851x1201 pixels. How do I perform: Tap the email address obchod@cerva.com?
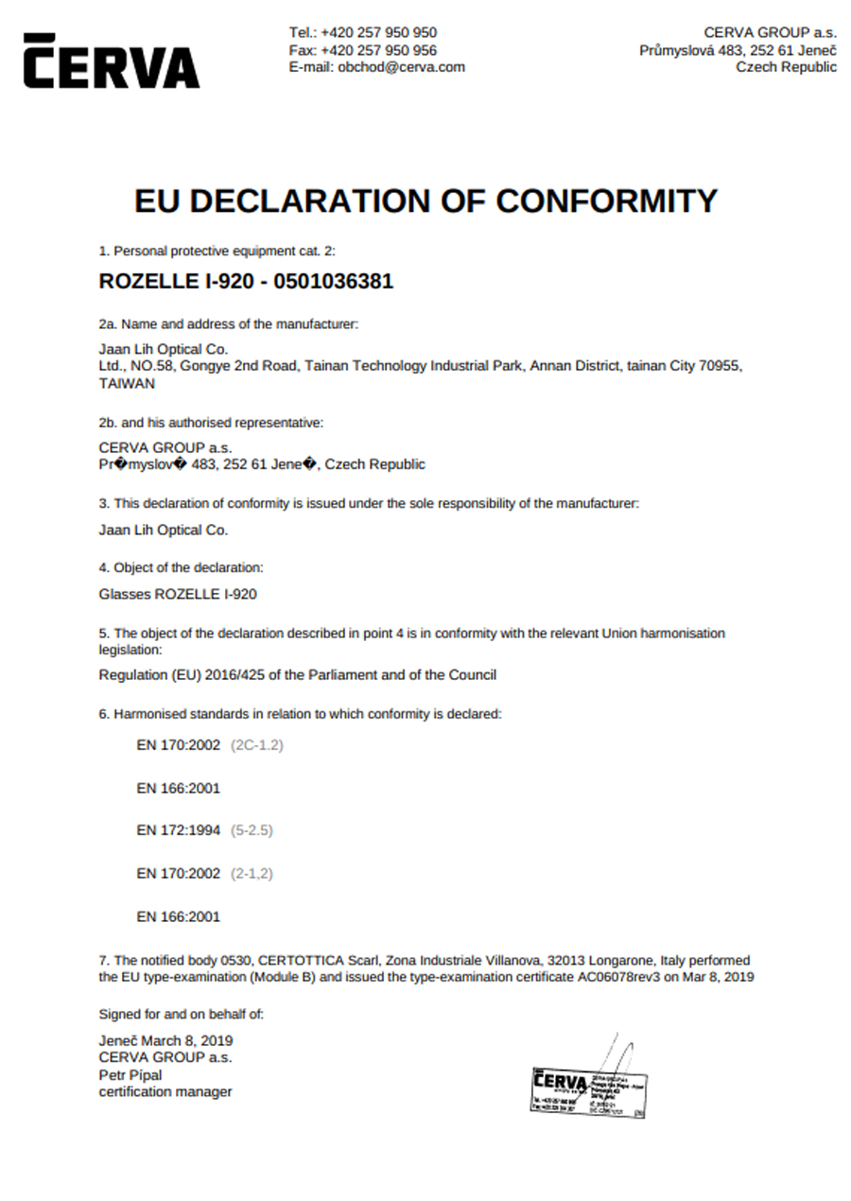pyautogui.click(x=402, y=67)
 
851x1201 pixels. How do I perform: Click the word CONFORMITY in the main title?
pyautogui.click(x=606, y=200)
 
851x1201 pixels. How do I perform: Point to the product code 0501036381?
pyautogui.click(x=332, y=282)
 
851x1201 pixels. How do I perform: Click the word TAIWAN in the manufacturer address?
pyautogui.click(x=127, y=384)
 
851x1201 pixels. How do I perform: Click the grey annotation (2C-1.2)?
pyautogui.click(x=257, y=745)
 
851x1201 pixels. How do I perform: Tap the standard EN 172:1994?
pyautogui.click(x=179, y=830)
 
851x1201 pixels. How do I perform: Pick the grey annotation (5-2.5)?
pyautogui.click(x=252, y=830)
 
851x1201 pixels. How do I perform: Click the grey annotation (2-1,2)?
pyautogui.click(x=252, y=874)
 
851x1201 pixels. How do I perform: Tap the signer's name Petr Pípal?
pyautogui.click(x=130, y=1075)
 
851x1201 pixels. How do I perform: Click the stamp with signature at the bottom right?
pyautogui.click(x=588, y=1088)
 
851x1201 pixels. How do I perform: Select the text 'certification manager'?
pyautogui.click(x=165, y=1092)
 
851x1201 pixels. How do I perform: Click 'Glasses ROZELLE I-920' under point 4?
pyautogui.click(x=178, y=595)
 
